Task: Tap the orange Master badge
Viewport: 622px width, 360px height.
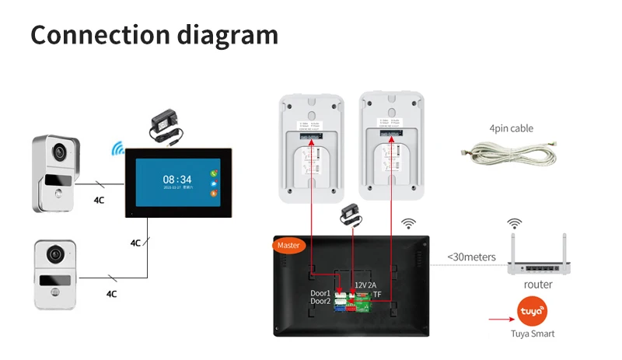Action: click(288, 245)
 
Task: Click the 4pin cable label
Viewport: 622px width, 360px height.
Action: click(511, 128)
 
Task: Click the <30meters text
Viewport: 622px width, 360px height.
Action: click(471, 257)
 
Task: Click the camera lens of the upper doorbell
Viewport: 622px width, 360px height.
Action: click(57, 153)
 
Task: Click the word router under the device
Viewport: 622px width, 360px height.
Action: click(538, 285)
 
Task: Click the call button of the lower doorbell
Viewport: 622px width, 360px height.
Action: click(54, 293)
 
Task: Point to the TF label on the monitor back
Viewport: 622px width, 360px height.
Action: click(377, 295)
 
